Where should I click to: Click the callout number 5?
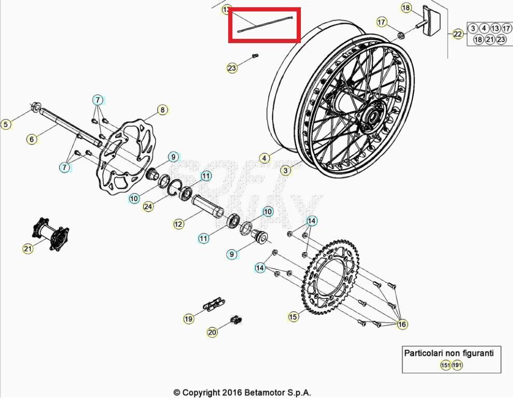click(x=6, y=124)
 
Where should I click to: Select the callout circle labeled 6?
click(x=32, y=139)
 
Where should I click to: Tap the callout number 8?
click(x=162, y=110)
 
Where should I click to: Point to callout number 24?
click(x=148, y=206)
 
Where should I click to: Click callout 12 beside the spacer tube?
click(x=178, y=224)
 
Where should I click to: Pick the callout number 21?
click(x=27, y=250)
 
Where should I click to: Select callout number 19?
click(x=188, y=319)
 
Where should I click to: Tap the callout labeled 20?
click(x=212, y=332)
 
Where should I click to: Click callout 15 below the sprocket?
click(x=294, y=316)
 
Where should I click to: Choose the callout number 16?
click(x=402, y=325)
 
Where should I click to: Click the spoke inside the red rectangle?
click(x=265, y=24)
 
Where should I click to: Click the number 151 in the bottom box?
click(x=445, y=365)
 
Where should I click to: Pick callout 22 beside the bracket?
click(x=457, y=34)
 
